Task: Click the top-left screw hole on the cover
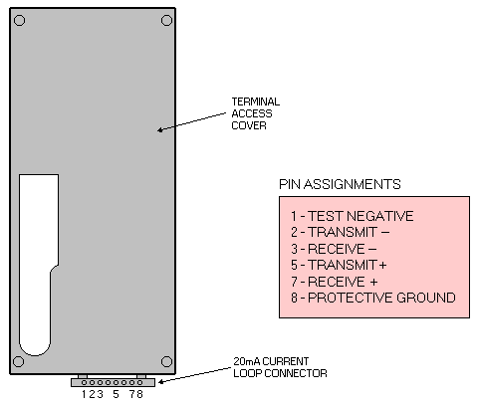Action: [19, 21]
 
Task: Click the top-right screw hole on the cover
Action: [166, 21]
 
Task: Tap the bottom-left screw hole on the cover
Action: [18, 361]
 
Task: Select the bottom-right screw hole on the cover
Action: [166, 361]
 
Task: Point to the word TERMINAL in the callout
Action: [256, 101]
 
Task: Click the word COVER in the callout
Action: [249, 125]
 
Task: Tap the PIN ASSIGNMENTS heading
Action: [340, 184]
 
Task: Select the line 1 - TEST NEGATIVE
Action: [353, 216]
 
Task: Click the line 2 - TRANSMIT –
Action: [341, 232]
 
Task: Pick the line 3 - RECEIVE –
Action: [334, 249]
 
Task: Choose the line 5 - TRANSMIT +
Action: [339, 265]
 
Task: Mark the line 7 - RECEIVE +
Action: [335, 282]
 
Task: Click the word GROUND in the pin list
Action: [426, 298]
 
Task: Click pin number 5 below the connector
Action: [116, 394]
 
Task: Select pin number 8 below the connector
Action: [139, 394]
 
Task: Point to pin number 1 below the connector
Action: [84, 394]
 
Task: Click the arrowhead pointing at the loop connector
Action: [161, 382]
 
